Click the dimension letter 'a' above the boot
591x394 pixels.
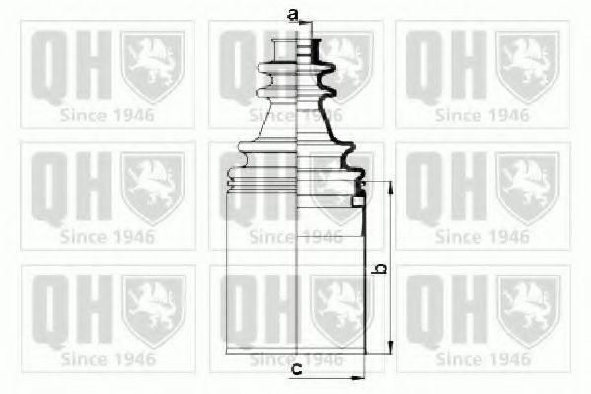pos(293,14)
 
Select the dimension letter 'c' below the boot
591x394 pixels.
pos(296,371)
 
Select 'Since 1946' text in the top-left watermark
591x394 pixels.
pos(107,115)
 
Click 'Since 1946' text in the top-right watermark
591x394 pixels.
pos(482,115)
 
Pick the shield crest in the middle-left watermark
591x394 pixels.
pos(153,187)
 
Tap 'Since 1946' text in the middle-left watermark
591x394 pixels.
pos(107,237)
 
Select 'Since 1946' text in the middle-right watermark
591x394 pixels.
pos(482,237)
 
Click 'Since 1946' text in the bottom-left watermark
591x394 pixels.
pos(107,359)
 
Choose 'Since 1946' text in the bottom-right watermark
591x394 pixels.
pos(482,359)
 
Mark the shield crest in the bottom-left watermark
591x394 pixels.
pos(153,309)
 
